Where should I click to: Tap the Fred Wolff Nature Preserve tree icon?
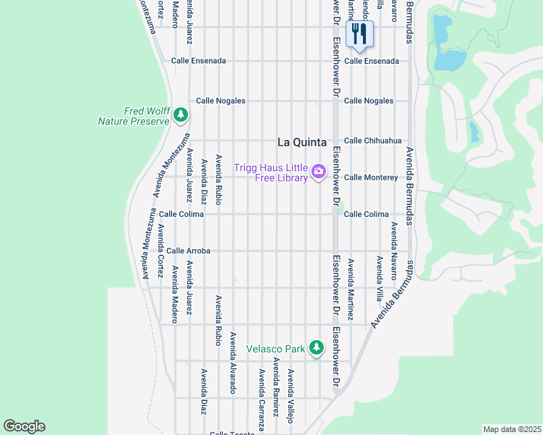click(x=181, y=115)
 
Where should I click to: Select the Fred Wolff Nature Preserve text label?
click(x=134, y=116)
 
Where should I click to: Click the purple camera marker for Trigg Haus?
click(x=318, y=172)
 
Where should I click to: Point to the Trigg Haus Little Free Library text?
click(x=270, y=173)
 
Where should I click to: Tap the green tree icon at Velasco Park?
click(x=316, y=348)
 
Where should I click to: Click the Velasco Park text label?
click(x=275, y=349)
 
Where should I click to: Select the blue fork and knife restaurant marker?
click(x=359, y=33)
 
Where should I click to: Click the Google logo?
click(x=24, y=426)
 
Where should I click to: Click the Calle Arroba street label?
click(x=188, y=251)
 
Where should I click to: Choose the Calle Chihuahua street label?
click(x=372, y=141)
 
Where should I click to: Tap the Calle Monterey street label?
click(x=371, y=177)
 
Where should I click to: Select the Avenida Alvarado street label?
click(x=233, y=362)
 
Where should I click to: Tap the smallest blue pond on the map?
click(x=475, y=131)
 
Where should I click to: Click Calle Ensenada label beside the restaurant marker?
click(x=372, y=61)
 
